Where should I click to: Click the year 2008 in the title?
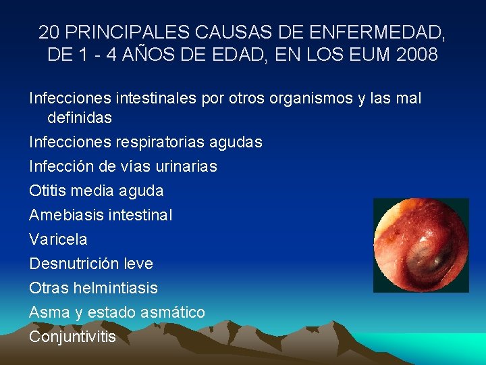pos(418,54)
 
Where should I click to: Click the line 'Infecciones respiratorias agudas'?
pos(146,142)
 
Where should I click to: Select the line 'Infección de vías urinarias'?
pos(123,166)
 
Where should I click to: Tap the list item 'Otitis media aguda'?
pos(97,191)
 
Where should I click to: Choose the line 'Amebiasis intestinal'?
pos(101,215)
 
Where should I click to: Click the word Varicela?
pos(58,239)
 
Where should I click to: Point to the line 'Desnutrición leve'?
pos(91,264)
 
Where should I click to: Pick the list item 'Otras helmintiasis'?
pos(93,288)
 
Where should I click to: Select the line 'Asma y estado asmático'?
pos(117,312)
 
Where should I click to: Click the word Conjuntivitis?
pos(72,337)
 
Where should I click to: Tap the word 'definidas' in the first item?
pos(79,118)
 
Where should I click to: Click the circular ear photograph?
pos(421,245)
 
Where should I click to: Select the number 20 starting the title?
pos(49,32)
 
